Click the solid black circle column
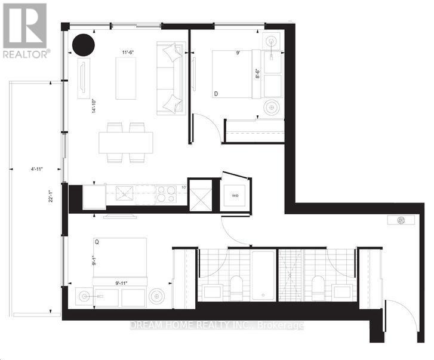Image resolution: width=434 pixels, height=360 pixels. pos(83,44)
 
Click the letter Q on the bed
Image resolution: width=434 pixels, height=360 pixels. pos(97,242)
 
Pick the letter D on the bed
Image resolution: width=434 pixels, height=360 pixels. pos(216,94)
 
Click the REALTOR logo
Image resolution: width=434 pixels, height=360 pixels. pos(24,30)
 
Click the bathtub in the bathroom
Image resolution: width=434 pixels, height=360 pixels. pos(261,274)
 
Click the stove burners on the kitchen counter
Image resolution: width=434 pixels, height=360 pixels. pos(164,193)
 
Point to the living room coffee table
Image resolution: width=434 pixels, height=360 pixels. pos(125,78)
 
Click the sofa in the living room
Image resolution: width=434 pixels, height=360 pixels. pos(171,78)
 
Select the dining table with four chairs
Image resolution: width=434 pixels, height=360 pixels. pos(125,142)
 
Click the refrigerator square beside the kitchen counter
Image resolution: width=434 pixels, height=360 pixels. pos(94,196)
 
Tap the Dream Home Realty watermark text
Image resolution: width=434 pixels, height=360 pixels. pos(216,325)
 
